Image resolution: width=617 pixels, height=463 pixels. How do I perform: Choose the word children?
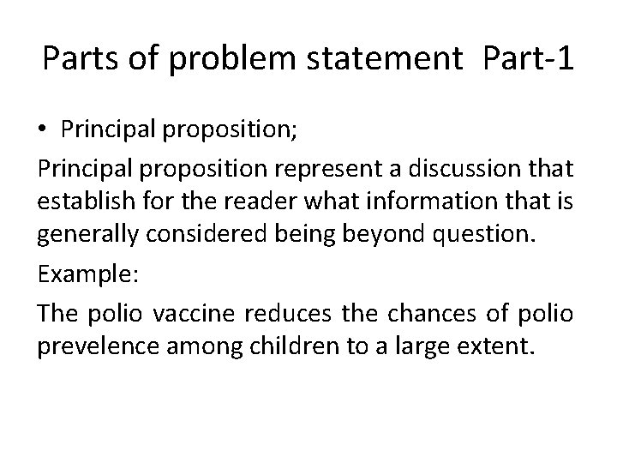(261, 322)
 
